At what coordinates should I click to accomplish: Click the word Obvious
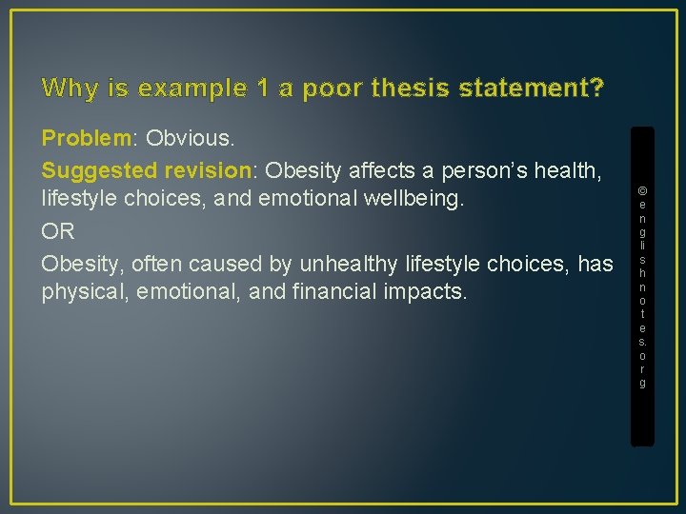tap(190, 139)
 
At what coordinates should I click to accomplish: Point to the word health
tap(567, 170)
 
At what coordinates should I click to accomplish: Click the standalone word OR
tap(58, 232)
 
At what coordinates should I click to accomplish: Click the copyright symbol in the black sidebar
tap(642, 189)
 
